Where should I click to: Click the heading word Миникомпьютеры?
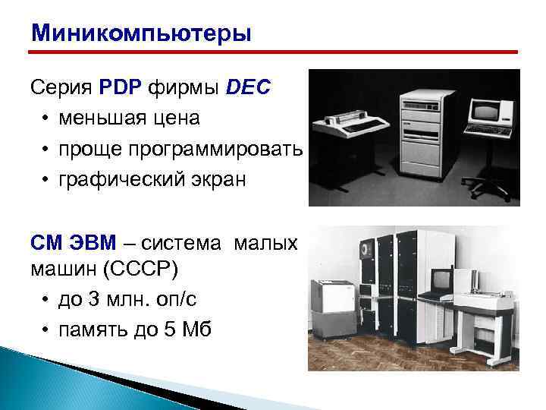click(x=140, y=34)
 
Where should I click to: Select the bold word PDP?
click(x=115, y=88)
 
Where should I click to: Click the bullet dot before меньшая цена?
click(x=46, y=119)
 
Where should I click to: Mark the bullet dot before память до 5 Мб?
click(x=46, y=331)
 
